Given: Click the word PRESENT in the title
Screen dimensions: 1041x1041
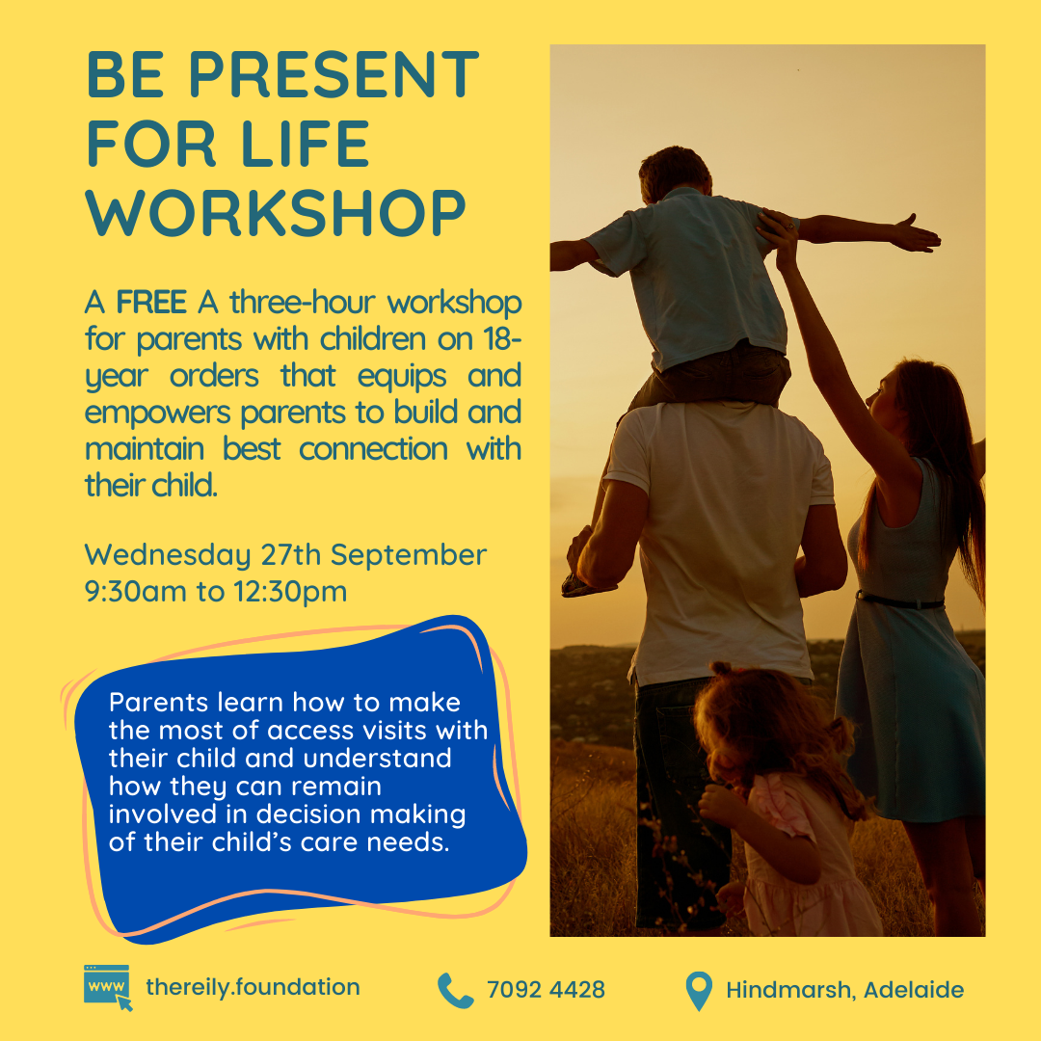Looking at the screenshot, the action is coord(334,74).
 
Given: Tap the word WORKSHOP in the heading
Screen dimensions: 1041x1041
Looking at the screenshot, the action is coord(276,213).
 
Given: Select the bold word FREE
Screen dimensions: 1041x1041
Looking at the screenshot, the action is coord(151,303).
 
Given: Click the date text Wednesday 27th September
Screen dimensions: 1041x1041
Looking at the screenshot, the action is coord(285,555).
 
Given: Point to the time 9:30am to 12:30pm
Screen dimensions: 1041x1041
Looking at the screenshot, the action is coord(216,591).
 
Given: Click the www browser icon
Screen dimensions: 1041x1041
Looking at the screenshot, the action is coord(108,987).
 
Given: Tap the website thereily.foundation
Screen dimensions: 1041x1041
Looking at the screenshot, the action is coord(253,987).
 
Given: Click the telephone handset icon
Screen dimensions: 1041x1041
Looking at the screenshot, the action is coord(455,991).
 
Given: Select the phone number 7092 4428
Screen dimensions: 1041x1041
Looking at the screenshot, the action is coord(546,990).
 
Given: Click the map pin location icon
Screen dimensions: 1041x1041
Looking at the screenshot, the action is coord(699,991).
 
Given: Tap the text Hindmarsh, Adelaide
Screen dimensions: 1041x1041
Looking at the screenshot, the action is coord(844,990).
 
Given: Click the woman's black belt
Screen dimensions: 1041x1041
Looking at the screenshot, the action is coord(899,601).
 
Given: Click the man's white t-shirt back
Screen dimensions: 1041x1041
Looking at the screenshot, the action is coord(720,531).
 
